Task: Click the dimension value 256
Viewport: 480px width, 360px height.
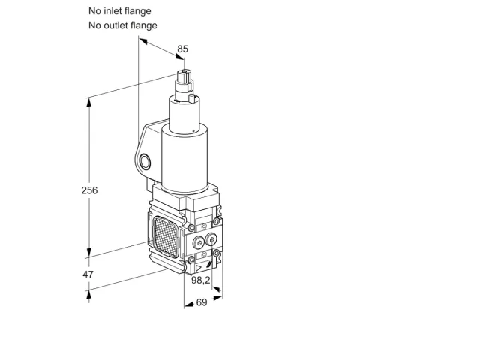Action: tap(89, 190)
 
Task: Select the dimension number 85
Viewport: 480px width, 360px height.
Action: tap(183, 49)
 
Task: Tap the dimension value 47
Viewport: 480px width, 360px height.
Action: tap(88, 274)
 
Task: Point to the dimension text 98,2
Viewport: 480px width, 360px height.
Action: tap(201, 280)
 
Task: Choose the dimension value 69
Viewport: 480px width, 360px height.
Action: tap(202, 302)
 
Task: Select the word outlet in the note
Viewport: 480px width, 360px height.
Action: tap(116, 25)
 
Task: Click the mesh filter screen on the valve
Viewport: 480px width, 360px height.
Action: tap(166, 236)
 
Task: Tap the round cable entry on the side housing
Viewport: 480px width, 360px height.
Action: tap(145, 162)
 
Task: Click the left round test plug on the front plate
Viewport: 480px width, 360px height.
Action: tap(199, 243)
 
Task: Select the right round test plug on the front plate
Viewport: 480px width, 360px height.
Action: tap(211, 239)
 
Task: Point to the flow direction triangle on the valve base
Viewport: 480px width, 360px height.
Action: tap(198, 268)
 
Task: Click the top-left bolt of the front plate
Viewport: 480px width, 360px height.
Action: tap(191, 228)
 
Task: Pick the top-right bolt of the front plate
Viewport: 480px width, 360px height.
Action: tap(216, 220)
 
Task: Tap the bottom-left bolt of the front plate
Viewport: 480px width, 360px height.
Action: tap(191, 259)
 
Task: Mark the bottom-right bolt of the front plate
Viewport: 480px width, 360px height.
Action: tap(216, 253)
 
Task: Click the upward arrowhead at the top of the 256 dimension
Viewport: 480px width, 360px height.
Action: tap(88, 103)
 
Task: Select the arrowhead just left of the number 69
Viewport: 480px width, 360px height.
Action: tap(190, 304)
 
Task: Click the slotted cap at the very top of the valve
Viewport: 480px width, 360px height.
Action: tap(184, 76)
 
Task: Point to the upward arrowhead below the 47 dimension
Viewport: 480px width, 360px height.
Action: tap(88, 294)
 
